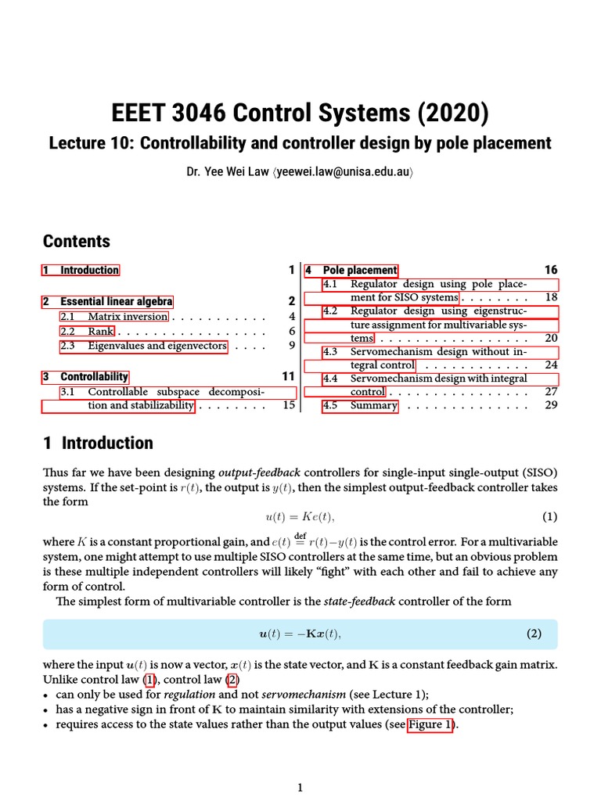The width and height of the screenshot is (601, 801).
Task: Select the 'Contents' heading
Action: click(77, 241)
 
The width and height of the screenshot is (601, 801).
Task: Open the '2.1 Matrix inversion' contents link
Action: click(114, 317)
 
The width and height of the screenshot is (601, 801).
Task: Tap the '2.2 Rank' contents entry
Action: click(88, 332)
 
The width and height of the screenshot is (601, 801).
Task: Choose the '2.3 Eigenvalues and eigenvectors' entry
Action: click(143, 346)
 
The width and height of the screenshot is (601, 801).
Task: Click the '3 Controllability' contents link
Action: click(86, 377)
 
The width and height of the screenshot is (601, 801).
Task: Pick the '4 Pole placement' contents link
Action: click(351, 271)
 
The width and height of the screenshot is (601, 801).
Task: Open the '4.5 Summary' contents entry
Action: click(361, 406)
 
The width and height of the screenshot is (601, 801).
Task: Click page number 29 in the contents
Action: click(551, 406)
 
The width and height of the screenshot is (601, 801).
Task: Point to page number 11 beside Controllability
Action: click(288, 377)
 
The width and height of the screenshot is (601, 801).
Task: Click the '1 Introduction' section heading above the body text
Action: click(98, 443)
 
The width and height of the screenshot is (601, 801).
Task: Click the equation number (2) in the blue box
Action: click(533, 634)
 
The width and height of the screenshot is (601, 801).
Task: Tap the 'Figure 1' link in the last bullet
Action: click(430, 724)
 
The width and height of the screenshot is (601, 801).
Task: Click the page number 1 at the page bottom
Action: click(300, 788)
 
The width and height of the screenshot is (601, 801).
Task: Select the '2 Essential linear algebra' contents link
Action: click(108, 302)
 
